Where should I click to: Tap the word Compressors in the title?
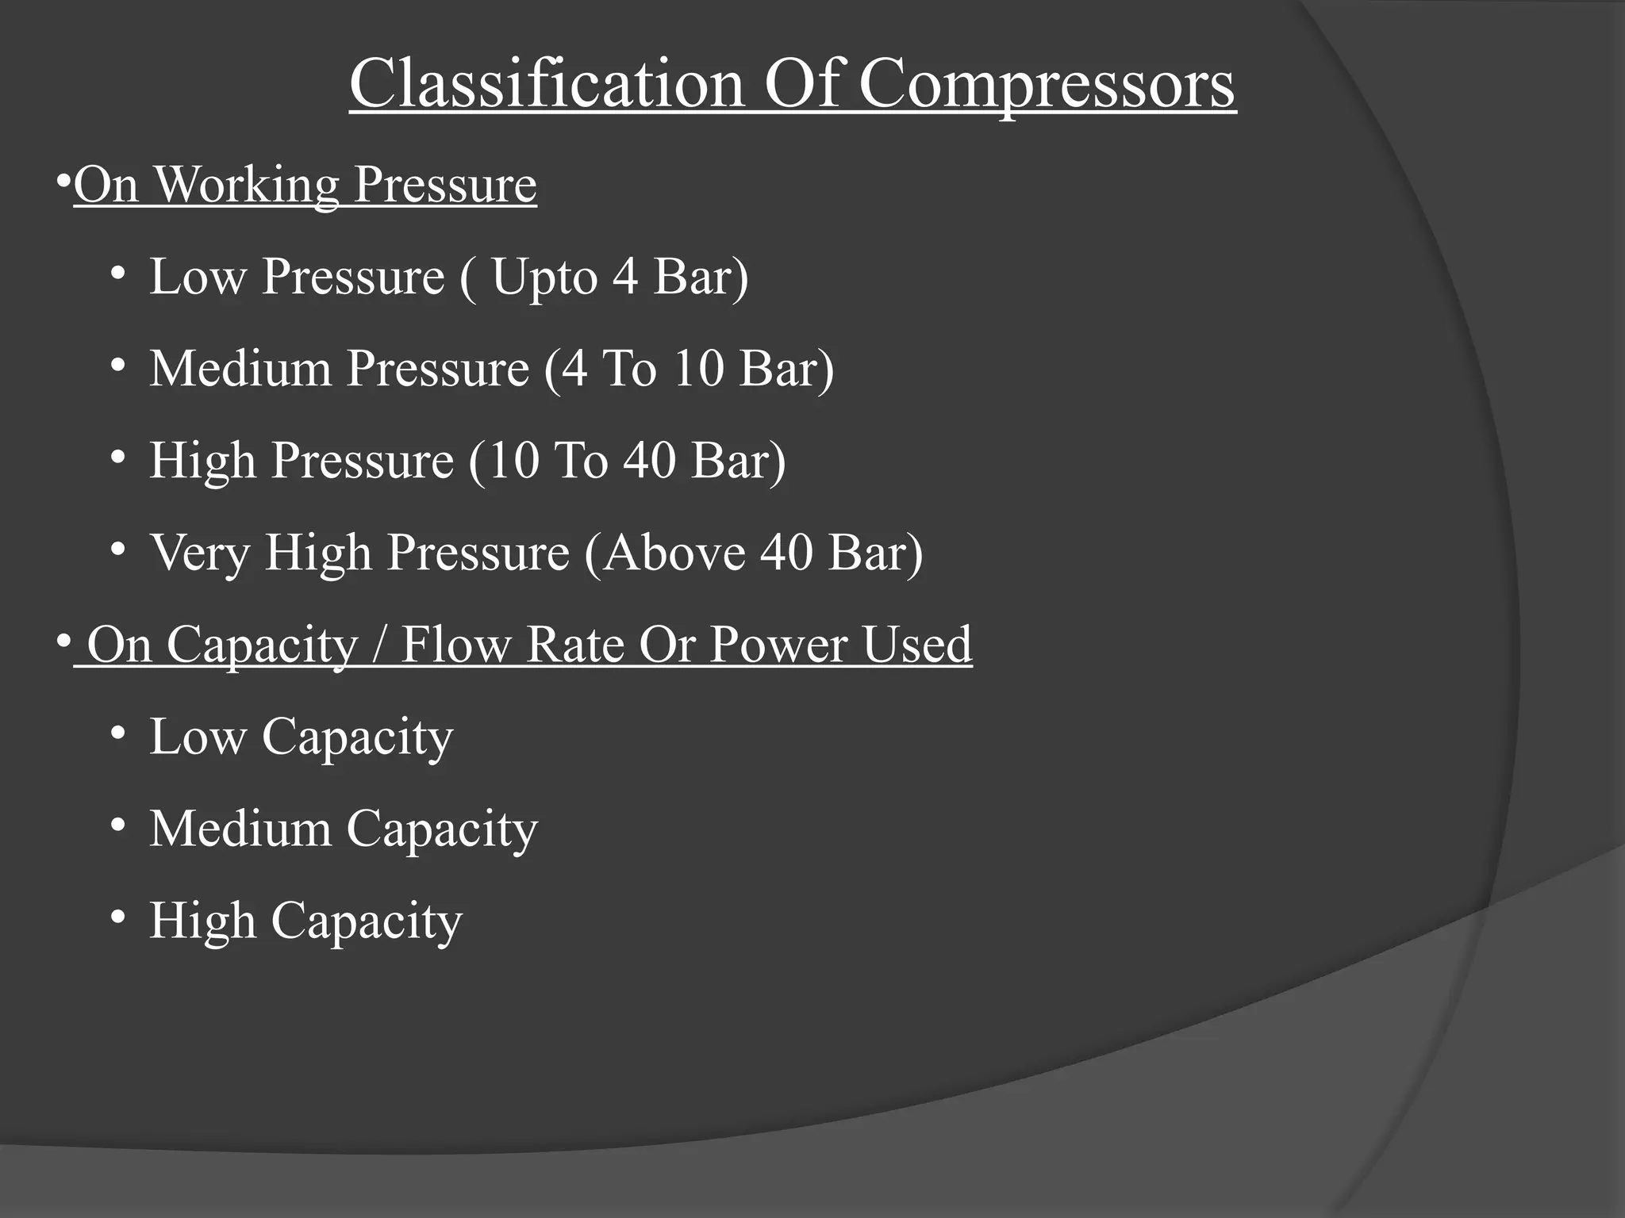pos(1047,85)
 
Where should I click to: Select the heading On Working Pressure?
pos(305,185)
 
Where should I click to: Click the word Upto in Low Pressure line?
pos(544,278)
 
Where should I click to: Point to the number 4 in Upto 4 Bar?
pos(625,277)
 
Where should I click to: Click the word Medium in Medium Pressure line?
pos(240,369)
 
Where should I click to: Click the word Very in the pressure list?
pos(199,553)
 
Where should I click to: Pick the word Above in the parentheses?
pos(673,552)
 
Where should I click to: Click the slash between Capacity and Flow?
pos(379,644)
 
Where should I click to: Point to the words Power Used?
pos(840,644)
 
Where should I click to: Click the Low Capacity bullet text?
pos(301,737)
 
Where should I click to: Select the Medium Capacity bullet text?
pos(344,829)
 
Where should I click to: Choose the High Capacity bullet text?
pos(305,921)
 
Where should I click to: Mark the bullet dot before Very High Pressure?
pos(118,549)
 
